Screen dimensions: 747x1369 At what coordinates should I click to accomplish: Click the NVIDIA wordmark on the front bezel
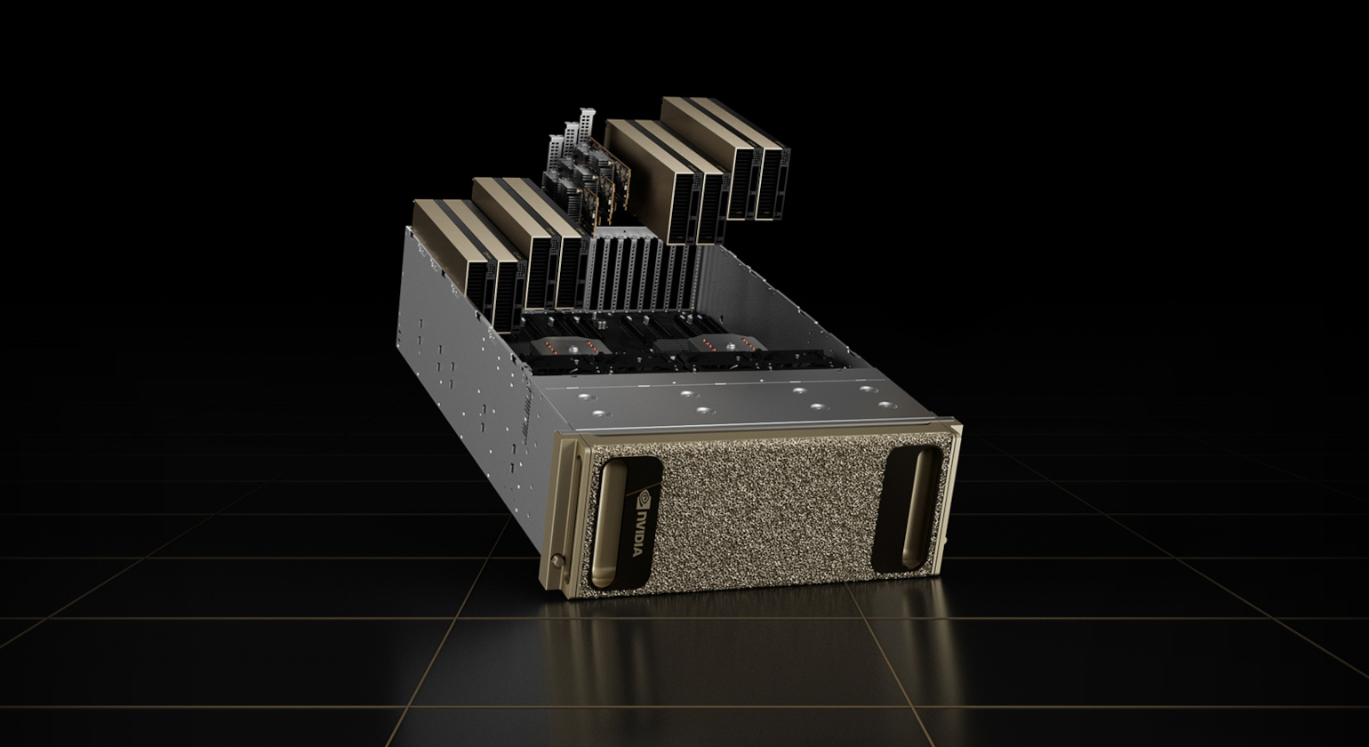tap(637, 533)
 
